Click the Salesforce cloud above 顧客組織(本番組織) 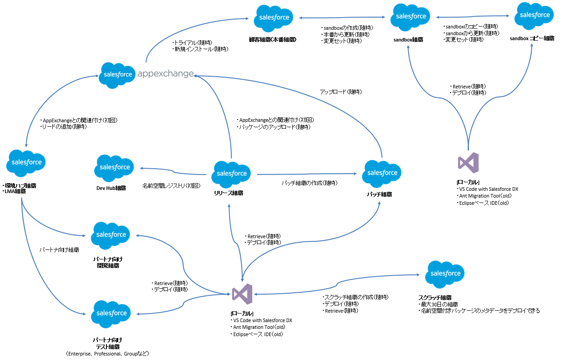tap(273, 18)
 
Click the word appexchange tap(165, 74)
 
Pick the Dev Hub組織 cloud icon tap(114, 168)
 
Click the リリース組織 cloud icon tap(232, 174)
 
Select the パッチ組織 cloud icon tap(382, 173)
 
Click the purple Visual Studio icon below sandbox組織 tap(468, 163)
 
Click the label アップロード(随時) tap(340, 92)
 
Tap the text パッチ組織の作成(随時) tap(309, 183)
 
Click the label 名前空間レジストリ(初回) tap(171, 185)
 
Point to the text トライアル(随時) tap(193, 42)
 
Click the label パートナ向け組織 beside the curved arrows tap(59, 249)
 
